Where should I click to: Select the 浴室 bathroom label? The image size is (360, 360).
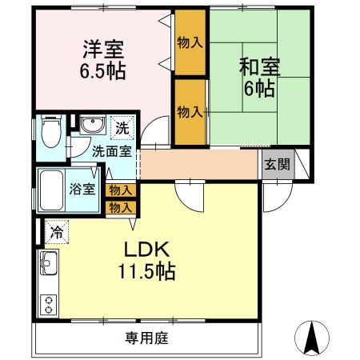coord(82,190)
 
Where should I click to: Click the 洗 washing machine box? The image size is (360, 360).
coord(122,126)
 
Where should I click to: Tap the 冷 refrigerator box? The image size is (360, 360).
coord(57,233)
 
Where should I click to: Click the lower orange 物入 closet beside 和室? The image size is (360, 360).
coord(190,111)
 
